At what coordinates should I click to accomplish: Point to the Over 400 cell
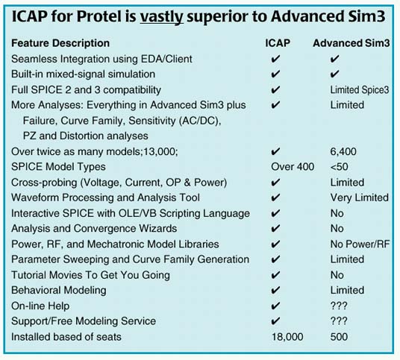point(293,167)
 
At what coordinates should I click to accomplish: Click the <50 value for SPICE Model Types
point(339,167)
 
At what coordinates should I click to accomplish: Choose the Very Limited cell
point(359,198)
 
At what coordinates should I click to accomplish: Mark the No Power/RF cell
point(361,244)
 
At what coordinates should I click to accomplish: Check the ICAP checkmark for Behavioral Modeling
point(275,290)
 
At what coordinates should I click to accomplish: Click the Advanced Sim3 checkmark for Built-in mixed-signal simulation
point(335,74)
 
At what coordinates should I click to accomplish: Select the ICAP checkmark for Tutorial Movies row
point(275,275)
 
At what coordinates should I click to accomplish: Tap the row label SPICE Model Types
point(60,167)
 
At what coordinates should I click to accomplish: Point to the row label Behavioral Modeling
point(59,290)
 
